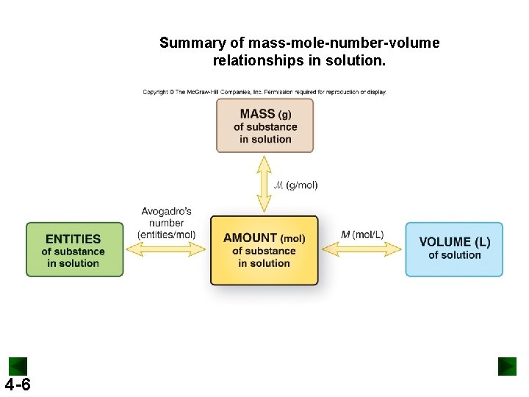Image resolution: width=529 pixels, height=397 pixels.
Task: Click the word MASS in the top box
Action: (x=256, y=114)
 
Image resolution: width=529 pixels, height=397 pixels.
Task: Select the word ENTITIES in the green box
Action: (x=73, y=239)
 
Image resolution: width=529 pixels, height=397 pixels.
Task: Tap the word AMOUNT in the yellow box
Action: (x=251, y=238)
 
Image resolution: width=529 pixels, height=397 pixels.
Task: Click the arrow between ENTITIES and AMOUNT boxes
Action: (x=166, y=250)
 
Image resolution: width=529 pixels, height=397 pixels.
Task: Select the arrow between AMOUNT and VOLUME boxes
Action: (x=361, y=250)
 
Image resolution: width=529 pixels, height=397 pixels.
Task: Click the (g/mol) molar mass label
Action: (x=301, y=185)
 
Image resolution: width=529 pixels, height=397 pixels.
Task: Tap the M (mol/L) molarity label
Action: (x=362, y=235)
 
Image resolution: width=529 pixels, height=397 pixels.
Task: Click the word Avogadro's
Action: (x=167, y=212)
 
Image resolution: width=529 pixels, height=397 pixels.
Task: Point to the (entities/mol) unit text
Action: (x=167, y=235)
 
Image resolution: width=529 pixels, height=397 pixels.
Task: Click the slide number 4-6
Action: (x=18, y=385)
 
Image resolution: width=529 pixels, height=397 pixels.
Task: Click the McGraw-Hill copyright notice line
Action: (x=264, y=92)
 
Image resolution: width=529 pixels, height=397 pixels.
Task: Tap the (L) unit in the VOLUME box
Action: (x=483, y=242)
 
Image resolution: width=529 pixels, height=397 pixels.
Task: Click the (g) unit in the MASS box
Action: (x=284, y=115)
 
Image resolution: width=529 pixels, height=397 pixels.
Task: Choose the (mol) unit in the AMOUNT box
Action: (x=293, y=239)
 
